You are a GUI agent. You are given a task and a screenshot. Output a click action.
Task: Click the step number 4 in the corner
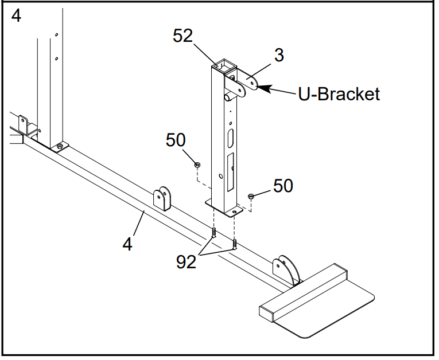pyautogui.click(x=16, y=16)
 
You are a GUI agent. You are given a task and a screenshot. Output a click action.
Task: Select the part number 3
pyautogui.click(x=278, y=56)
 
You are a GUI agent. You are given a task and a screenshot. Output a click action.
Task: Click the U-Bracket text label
pyautogui.click(x=339, y=93)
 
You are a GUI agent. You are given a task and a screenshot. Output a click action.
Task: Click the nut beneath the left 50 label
pyautogui.click(x=197, y=165)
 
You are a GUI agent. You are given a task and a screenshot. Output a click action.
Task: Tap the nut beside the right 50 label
pyautogui.click(x=251, y=197)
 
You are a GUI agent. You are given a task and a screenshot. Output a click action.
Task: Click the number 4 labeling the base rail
pyautogui.click(x=127, y=244)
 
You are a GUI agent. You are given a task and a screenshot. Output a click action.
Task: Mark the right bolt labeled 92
pyautogui.click(x=235, y=245)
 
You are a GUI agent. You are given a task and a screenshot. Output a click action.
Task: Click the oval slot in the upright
pyautogui.click(x=231, y=138)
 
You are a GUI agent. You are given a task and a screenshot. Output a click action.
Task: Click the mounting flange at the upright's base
pyautogui.click(x=224, y=208)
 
